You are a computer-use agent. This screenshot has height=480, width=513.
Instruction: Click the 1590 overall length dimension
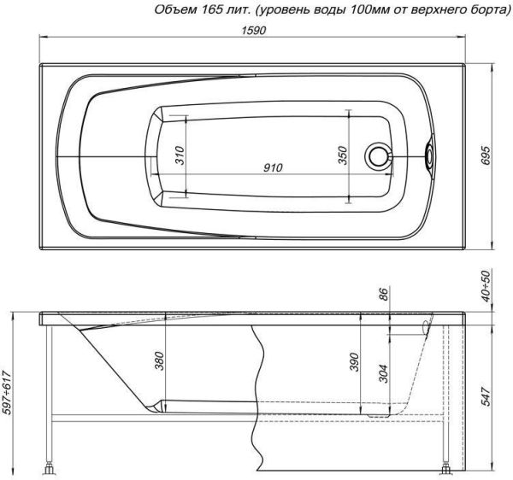254,31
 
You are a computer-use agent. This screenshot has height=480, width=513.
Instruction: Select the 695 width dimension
486,155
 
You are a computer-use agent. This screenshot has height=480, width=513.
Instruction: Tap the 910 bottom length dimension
273,167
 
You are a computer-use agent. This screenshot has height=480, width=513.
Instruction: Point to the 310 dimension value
180,155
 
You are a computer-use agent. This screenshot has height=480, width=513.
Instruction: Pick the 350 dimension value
342,155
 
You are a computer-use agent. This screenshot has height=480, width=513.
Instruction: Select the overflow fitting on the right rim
429,155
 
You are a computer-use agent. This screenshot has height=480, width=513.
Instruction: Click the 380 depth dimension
159,360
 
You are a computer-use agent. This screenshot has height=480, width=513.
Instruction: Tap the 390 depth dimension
355,362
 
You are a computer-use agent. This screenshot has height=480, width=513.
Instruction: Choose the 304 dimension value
383,373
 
